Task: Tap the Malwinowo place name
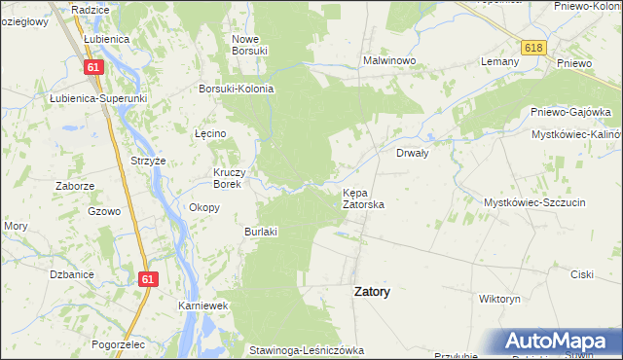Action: click(389, 60)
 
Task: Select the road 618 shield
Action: click(532, 48)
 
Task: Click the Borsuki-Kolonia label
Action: click(236, 89)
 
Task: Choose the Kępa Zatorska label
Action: click(363, 199)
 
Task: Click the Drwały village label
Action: click(414, 153)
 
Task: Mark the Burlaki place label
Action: click(262, 232)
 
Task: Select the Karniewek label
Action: click(202, 306)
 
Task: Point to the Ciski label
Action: click(582, 274)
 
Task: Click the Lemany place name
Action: click(498, 60)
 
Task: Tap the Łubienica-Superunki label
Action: click(97, 98)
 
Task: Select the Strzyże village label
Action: click(149, 161)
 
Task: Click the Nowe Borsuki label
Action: click(249, 45)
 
